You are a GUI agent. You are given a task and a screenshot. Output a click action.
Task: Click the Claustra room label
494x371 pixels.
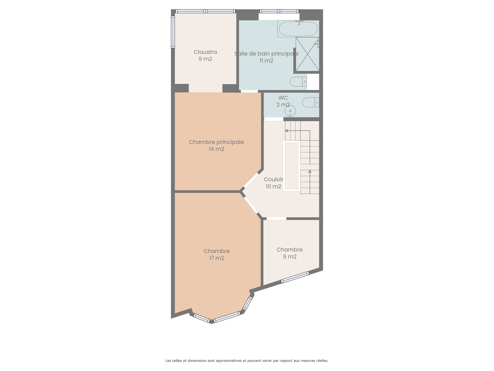205,52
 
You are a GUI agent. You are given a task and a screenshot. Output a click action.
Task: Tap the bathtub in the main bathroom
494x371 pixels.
298,29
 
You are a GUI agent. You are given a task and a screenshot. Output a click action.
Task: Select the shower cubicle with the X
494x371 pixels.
307,54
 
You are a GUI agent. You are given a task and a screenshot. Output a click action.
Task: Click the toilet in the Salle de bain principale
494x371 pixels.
298,82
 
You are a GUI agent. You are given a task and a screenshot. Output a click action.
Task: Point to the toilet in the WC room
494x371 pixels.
311,102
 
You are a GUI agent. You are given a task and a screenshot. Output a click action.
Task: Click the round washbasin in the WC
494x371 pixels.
290,111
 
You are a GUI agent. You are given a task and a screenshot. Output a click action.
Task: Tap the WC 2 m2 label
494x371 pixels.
283,101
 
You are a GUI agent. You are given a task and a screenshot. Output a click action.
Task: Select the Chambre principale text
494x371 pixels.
216,142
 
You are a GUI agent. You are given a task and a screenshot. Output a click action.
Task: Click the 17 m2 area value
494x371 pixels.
216,258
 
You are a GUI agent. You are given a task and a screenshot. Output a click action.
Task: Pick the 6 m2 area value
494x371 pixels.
290,257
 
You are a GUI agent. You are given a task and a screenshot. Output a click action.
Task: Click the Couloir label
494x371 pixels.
274,180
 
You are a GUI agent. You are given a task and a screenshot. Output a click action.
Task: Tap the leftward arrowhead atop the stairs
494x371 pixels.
287,131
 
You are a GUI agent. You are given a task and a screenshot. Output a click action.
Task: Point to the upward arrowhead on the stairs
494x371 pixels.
310,172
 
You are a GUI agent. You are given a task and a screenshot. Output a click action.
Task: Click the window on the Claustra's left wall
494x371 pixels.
173,32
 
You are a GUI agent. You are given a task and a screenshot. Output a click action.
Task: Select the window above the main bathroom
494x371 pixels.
279,11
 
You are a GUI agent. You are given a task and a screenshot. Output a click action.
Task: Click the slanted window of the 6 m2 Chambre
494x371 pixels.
295,277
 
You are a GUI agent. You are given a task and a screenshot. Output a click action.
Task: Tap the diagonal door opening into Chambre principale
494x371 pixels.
251,180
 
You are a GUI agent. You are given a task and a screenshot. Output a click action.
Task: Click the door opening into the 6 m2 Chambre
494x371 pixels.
276,219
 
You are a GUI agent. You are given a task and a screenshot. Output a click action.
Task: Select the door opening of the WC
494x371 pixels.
274,119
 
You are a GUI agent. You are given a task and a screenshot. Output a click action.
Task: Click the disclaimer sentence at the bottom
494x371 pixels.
247,360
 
